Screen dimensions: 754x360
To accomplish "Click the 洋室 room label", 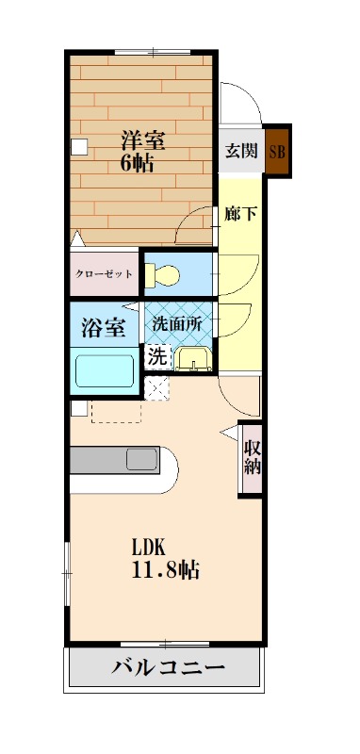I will point(143,141).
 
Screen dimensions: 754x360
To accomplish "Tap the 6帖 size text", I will point(138,161).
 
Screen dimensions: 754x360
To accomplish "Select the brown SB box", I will point(277,151).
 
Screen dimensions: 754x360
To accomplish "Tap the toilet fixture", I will point(166,274).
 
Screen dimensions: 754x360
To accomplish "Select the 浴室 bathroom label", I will point(104,328).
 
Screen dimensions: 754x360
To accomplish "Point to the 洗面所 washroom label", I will point(177,322).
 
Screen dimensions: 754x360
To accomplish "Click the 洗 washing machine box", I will point(156,357).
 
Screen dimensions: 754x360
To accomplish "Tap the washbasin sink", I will point(192,359).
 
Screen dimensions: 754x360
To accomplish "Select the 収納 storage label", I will point(252,457).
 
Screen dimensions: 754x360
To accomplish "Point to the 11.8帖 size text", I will point(164,570).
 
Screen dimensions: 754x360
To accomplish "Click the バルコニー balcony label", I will point(169,669).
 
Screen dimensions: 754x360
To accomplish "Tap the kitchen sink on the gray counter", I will point(142,460).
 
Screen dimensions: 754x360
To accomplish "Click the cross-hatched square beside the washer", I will point(155,386).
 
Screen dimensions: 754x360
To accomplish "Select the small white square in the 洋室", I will point(79,146).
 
